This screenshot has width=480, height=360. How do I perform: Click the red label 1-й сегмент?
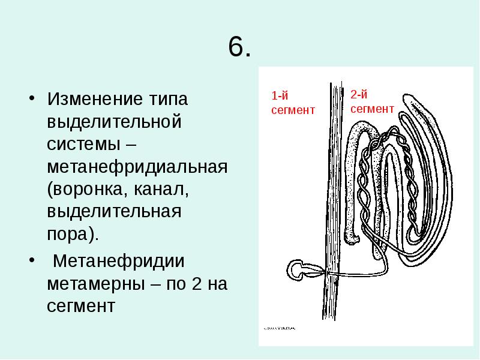292,103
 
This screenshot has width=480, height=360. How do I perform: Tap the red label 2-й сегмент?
371,100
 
